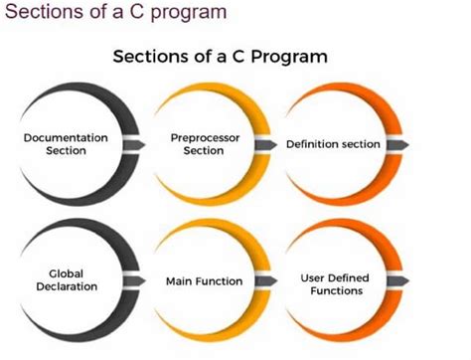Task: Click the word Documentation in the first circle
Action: click(67, 138)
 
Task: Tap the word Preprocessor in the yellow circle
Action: click(205, 138)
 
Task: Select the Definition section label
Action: click(333, 144)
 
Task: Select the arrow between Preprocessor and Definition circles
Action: click(267, 144)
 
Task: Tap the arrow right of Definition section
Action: click(396, 144)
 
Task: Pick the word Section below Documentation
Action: click(67, 151)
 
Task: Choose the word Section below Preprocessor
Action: click(204, 151)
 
